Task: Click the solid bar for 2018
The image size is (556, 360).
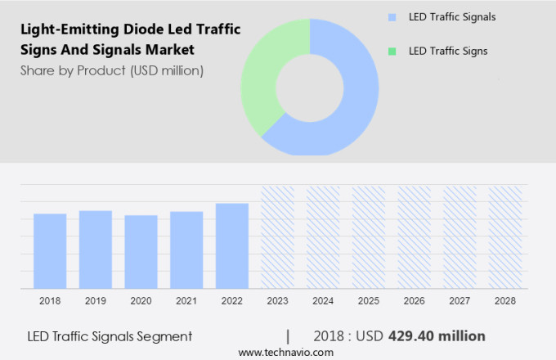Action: tap(50, 250)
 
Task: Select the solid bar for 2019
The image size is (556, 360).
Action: tap(96, 249)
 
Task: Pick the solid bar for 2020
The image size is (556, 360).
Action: tap(141, 251)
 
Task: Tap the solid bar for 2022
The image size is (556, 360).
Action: tap(232, 245)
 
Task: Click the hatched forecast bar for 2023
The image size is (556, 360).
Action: tap(278, 236)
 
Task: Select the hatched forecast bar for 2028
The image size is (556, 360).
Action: tap(504, 236)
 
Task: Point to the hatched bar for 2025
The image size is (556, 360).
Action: tap(369, 236)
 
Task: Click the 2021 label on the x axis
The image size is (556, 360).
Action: tap(186, 301)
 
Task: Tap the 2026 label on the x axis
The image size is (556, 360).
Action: tap(414, 301)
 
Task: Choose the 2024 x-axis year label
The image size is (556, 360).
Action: tap(323, 301)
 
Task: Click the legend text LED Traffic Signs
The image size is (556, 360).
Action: tap(448, 52)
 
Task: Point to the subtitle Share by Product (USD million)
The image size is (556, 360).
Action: tap(112, 70)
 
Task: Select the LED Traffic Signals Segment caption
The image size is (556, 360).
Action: tap(110, 336)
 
